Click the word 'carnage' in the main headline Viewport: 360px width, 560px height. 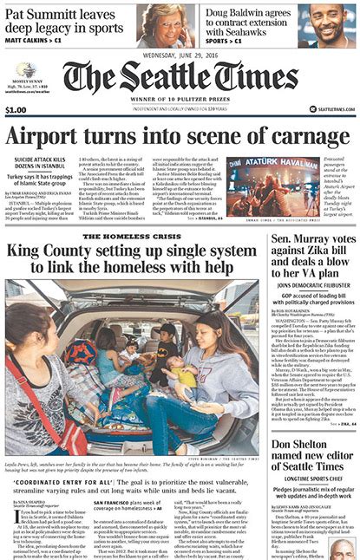tap(299, 137)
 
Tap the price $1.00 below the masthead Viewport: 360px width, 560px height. tap(16, 110)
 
